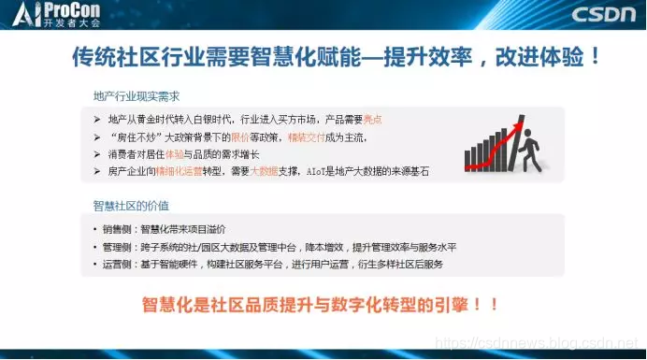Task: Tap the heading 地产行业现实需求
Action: [x=136, y=95]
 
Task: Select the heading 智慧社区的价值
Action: [x=130, y=205]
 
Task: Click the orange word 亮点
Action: [x=371, y=120]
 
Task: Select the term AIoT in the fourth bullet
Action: [x=338, y=171]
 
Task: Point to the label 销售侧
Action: [x=117, y=229]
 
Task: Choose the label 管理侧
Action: [x=117, y=247]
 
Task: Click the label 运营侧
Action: [x=117, y=265]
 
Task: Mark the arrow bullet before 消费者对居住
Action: [x=97, y=154]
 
